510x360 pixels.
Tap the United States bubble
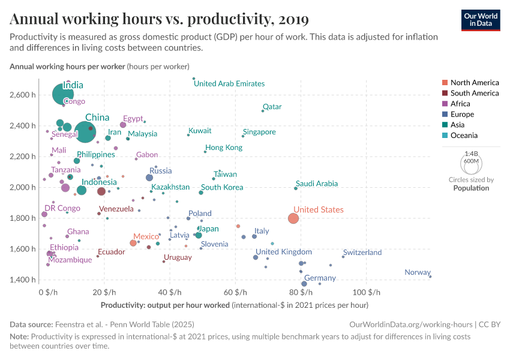tap(293, 218)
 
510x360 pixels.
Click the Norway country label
tap(418, 272)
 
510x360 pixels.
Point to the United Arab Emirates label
tap(229, 84)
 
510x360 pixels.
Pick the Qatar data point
tap(263, 110)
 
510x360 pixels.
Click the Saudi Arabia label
tap(316, 184)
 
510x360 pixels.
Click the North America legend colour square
tap(445, 83)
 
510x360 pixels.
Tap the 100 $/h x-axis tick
tap(366, 292)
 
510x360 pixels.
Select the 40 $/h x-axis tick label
tap(169, 292)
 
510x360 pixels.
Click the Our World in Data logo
tap(481, 19)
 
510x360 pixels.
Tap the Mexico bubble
tap(133, 243)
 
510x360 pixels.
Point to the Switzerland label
tap(362, 253)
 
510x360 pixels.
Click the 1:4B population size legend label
tap(471, 154)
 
